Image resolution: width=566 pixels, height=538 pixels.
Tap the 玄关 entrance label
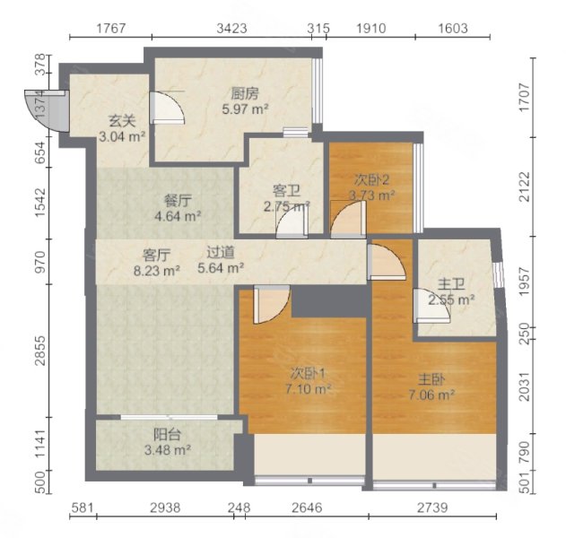coord(122,120)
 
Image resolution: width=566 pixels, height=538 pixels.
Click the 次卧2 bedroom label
coord(372,178)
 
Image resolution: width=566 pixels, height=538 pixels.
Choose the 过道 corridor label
coord(222,253)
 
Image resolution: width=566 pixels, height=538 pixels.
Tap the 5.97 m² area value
coord(246,109)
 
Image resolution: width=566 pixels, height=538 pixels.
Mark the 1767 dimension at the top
coord(111,29)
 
